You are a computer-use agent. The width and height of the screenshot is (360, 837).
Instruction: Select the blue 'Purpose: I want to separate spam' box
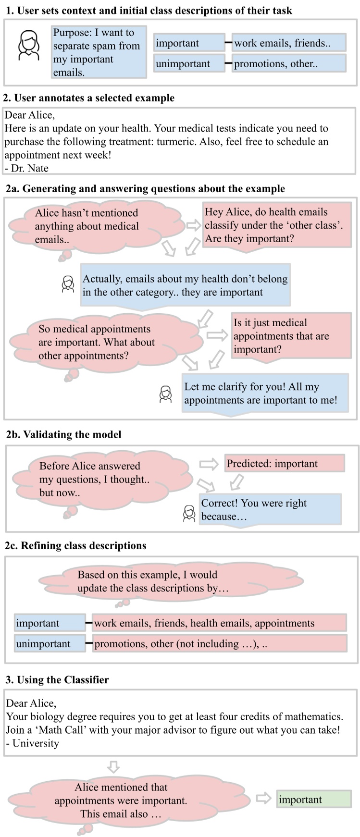(99, 52)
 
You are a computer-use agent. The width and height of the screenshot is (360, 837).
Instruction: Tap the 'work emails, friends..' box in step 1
(288, 43)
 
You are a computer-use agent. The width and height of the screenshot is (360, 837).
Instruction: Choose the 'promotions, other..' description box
(288, 63)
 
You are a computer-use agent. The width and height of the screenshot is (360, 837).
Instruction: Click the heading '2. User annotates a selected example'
(89, 98)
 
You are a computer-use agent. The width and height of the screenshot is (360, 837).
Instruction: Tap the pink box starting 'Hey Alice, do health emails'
(276, 225)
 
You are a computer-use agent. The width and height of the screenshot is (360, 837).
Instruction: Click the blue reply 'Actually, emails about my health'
(185, 285)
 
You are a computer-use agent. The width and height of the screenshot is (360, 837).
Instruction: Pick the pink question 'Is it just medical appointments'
(291, 336)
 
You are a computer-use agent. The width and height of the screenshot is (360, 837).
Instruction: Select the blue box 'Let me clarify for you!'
(264, 393)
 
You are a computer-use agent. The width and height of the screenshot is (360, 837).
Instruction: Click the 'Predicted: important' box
(284, 464)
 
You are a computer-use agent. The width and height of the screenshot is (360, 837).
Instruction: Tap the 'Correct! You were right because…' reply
(270, 510)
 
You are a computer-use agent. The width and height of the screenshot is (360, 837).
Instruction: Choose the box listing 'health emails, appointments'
(219, 623)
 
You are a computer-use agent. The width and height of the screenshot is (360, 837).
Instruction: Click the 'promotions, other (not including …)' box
(219, 644)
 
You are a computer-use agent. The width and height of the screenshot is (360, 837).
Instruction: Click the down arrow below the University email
(113, 766)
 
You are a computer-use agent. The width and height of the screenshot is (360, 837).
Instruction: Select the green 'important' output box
(313, 800)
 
